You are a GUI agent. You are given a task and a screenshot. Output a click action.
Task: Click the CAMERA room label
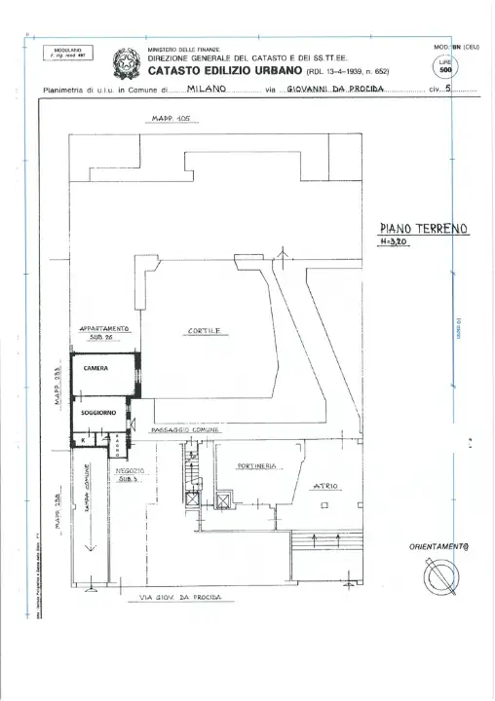click(x=95, y=369)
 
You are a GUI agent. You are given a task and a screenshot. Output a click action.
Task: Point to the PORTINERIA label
click(x=258, y=465)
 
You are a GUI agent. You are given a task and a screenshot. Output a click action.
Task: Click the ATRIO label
click(x=325, y=485)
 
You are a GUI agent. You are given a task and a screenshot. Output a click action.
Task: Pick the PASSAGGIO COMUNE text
click(x=185, y=429)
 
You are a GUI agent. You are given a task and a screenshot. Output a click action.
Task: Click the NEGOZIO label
click(x=130, y=470)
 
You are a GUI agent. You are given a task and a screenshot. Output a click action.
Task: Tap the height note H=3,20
click(x=395, y=242)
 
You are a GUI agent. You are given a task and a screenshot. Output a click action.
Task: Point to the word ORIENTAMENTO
click(x=439, y=547)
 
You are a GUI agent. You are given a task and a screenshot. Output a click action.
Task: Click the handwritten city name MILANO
click(x=207, y=89)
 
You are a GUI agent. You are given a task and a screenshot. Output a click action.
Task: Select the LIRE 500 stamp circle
click(x=445, y=67)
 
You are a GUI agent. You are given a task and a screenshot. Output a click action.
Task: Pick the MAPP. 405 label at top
click(x=171, y=120)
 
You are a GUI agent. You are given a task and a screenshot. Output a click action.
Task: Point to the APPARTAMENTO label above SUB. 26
click(x=104, y=329)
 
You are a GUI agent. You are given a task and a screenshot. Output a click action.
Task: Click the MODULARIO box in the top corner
click(x=67, y=53)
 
